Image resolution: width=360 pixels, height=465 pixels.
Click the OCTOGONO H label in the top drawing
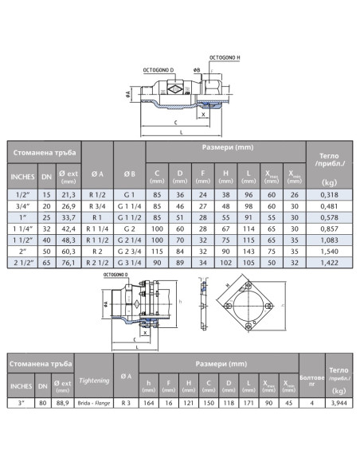coord(225,57)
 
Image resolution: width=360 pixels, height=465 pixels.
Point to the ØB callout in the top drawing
coord(197,70)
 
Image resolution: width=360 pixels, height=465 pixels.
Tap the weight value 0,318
coord(329,195)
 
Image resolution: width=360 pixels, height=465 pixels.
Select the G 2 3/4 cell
coord(129,252)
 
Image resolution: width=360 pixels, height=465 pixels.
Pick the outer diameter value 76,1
coord(68,263)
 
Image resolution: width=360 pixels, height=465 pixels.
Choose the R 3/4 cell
coord(97,206)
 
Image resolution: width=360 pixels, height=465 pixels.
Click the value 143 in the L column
coord(248,252)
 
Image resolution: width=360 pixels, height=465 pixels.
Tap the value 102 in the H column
coord(225,263)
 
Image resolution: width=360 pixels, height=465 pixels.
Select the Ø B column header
coord(129,174)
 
